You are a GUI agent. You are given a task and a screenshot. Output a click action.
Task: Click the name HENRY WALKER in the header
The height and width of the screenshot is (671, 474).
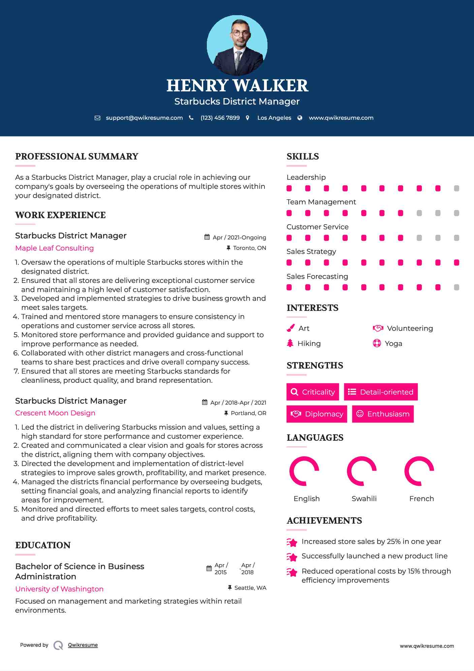237,86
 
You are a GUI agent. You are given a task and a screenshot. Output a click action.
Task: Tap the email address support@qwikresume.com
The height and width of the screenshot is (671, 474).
144,118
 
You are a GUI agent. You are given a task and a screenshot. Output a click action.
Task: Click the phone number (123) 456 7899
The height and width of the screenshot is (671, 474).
220,118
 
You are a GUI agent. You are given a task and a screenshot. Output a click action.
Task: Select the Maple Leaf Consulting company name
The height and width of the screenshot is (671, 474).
55,248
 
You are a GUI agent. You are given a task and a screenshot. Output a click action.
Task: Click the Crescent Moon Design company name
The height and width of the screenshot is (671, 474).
55,413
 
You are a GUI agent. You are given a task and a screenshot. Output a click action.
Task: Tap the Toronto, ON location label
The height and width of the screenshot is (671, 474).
249,248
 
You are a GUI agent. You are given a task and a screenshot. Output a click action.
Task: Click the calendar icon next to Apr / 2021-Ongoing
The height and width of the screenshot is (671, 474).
207,237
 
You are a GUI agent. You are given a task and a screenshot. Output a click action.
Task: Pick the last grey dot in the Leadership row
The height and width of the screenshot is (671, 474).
456,188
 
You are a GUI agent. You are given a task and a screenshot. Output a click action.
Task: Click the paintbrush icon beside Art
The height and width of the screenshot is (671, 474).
290,328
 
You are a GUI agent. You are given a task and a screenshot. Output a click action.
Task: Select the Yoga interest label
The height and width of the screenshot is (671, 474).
393,344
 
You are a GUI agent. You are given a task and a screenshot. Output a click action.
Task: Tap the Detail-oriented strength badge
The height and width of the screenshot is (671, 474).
381,392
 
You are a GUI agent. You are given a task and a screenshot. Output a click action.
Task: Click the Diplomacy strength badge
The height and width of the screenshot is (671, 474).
317,414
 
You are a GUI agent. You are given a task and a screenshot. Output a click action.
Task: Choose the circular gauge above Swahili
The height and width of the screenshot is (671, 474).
361,471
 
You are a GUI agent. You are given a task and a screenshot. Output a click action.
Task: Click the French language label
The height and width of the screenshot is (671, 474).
421,499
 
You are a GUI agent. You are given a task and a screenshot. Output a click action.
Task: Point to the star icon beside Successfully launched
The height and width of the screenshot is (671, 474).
292,557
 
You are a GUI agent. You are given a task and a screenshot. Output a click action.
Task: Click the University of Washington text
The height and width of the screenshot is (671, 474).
59,589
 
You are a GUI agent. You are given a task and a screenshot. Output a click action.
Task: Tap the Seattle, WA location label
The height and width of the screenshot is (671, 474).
250,588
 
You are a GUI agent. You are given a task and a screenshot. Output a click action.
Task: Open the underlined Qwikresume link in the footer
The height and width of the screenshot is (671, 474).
83,645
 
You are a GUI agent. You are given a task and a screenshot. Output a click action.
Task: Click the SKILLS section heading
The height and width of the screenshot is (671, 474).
303,156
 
